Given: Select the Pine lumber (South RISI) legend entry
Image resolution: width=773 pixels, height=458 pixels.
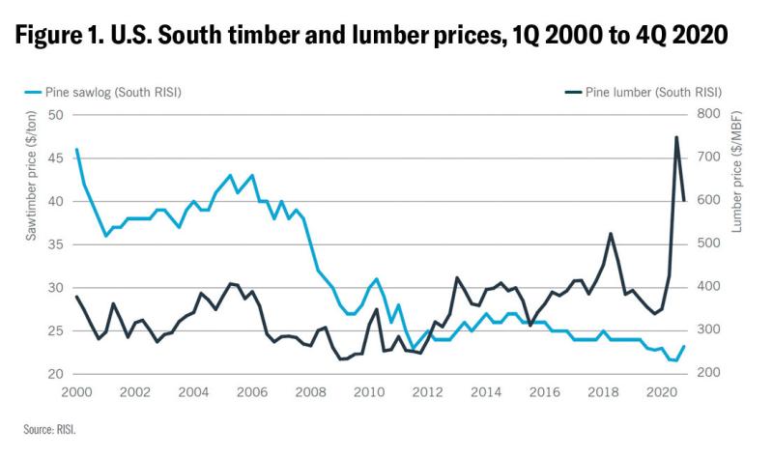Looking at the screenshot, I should (644, 93).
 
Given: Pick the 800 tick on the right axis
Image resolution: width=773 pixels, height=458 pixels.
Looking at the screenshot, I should (707, 115).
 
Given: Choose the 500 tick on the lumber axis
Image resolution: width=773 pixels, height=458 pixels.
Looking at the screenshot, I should (707, 244).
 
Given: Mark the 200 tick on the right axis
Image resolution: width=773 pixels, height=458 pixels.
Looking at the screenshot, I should (707, 374).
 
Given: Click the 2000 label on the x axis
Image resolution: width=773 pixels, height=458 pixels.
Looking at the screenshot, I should (76, 393).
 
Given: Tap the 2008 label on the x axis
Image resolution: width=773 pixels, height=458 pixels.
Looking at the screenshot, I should (309, 393).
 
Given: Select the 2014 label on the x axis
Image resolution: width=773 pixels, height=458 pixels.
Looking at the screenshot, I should (484, 393).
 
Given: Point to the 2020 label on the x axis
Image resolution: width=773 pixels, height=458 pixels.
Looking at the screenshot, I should (659, 393).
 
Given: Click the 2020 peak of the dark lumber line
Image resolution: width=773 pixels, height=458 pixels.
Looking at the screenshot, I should (675, 137).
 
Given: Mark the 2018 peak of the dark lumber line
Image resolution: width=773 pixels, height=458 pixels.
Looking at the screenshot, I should (611, 233).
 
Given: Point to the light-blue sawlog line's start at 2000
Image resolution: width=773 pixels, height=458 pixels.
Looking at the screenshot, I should (76, 150).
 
